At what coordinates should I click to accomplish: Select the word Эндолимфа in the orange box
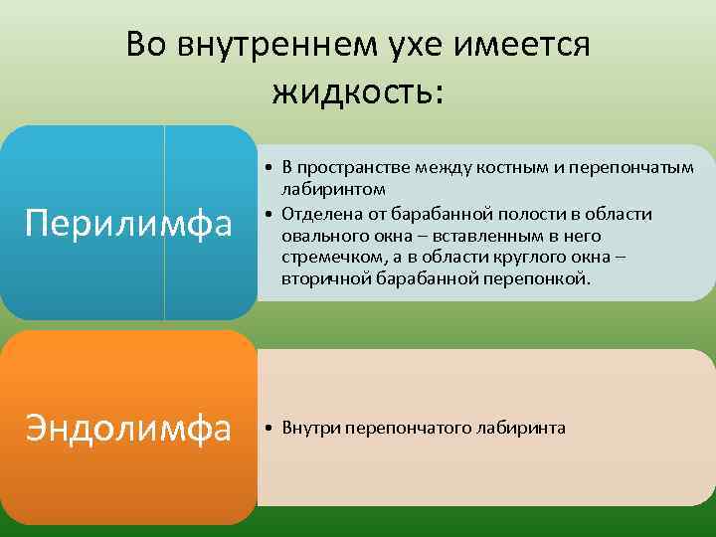127,429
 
